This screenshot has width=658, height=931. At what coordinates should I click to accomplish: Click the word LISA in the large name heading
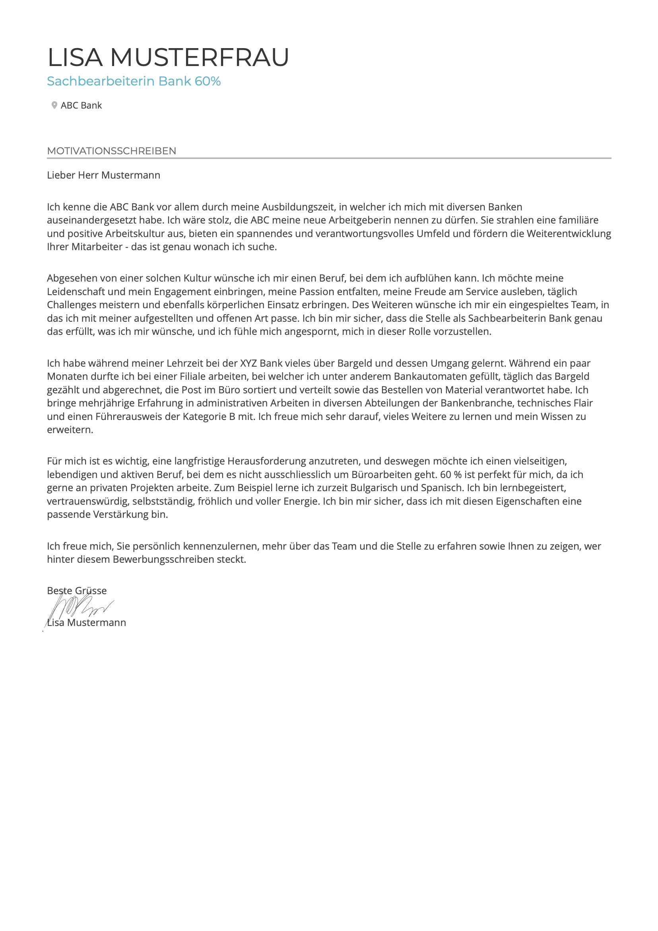pos(75,57)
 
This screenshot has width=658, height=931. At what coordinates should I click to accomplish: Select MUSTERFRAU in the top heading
pos(200,57)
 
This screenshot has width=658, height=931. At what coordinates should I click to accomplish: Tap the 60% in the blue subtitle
pos(207,81)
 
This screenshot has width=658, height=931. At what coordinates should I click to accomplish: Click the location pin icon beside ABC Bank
pos(54,105)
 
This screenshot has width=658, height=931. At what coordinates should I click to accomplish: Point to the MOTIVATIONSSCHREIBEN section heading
pos(111,151)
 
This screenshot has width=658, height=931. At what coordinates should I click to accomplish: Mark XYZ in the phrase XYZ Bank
pos(248,363)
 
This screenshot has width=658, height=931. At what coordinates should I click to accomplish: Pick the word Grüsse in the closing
pos(91,591)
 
